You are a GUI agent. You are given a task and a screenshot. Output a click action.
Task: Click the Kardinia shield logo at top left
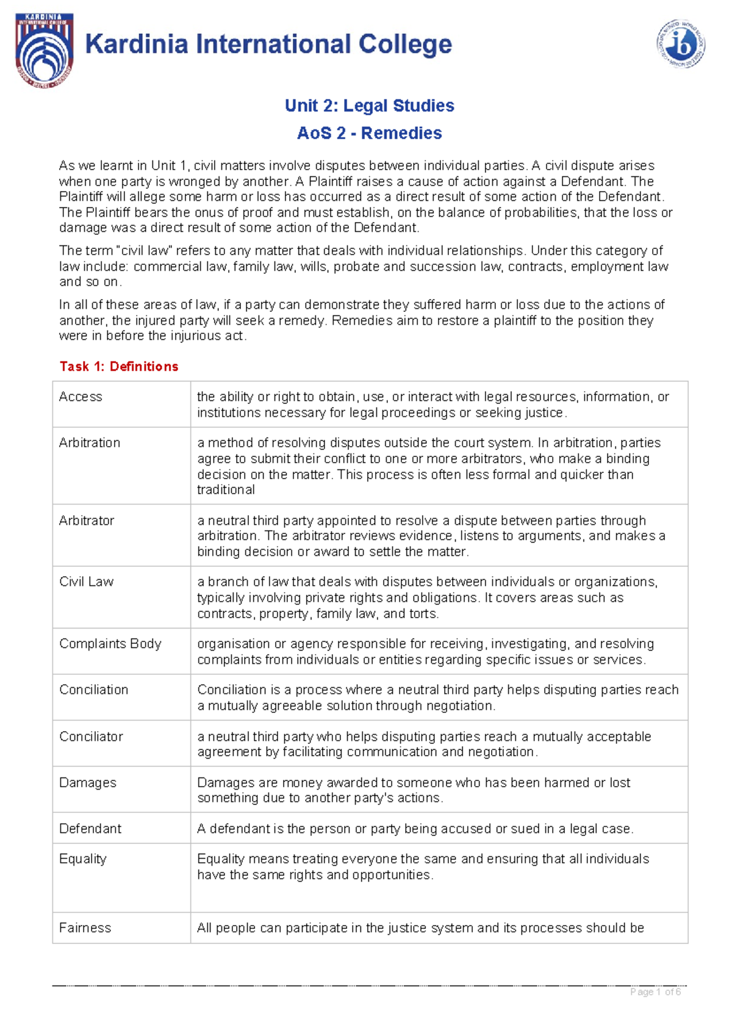click(x=45, y=50)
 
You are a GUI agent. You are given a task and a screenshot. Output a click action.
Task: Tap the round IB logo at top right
click(x=681, y=44)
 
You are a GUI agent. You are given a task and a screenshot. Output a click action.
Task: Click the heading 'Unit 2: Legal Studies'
click(x=369, y=106)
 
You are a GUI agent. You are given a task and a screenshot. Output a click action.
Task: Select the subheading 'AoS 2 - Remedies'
click(x=369, y=133)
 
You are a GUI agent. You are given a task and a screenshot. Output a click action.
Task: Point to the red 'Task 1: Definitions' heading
click(x=119, y=366)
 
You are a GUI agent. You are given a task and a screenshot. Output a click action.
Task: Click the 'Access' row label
click(x=81, y=397)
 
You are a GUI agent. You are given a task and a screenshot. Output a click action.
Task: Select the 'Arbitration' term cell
click(x=90, y=443)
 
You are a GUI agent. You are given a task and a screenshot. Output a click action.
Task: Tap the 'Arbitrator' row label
click(x=87, y=521)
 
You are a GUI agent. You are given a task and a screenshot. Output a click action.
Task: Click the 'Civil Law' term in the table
click(x=86, y=582)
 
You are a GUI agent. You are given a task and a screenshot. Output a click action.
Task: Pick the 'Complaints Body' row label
click(x=110, y=644)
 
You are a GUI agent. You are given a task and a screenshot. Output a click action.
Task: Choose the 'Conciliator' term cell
click(x=91, y=737)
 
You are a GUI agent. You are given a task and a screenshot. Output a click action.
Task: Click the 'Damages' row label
click(x=87, y=783)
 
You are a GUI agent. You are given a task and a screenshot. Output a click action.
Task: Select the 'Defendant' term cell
click(x=90, y=829)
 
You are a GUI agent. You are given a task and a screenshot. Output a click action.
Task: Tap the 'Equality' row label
click(x=83, y=859)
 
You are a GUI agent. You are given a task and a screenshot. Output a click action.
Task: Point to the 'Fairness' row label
click(x=85, y=928)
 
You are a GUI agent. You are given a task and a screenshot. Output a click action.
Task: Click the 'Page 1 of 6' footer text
click(x=656, y=992)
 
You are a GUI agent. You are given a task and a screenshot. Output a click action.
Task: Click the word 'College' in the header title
click(x=405, y=45)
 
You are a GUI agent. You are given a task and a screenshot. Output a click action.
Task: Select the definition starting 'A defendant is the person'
click(x=415, y=829)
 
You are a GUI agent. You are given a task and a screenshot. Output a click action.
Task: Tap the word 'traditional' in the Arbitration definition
click(x=226, y=490)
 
